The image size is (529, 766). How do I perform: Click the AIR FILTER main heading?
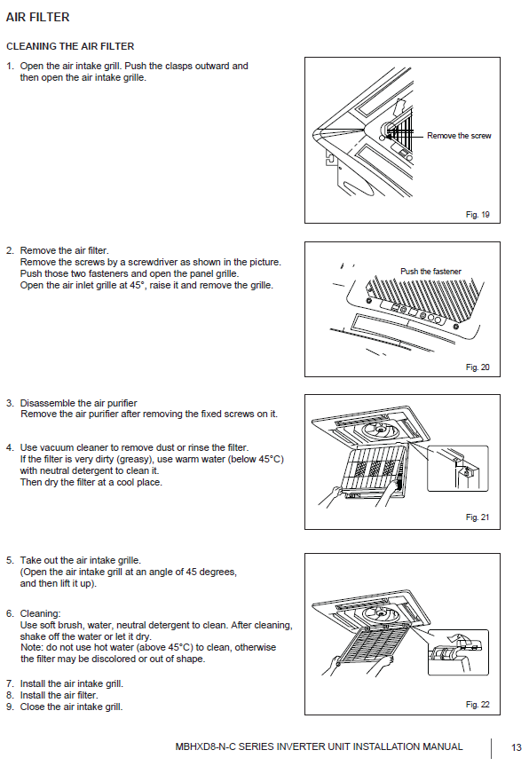point(37,17)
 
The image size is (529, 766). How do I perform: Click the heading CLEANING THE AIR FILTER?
point(70,46)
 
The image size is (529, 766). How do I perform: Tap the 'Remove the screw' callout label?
point(459,136)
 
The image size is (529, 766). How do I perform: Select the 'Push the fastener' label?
point(430,271)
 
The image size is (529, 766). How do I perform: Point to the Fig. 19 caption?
point(478,215)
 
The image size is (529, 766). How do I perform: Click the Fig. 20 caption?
point(478,367)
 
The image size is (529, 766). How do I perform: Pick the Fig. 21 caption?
point(478,517)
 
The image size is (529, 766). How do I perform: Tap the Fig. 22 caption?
point(478,705)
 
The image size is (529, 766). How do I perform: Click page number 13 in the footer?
point(517,747)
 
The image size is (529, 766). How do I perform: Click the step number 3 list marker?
point(10,403)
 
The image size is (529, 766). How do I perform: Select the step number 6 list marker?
point(10,613)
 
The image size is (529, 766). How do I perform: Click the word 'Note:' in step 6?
point(32,647)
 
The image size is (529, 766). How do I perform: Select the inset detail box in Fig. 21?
point(457,469)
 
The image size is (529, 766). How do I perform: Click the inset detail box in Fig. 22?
point(458,652)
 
